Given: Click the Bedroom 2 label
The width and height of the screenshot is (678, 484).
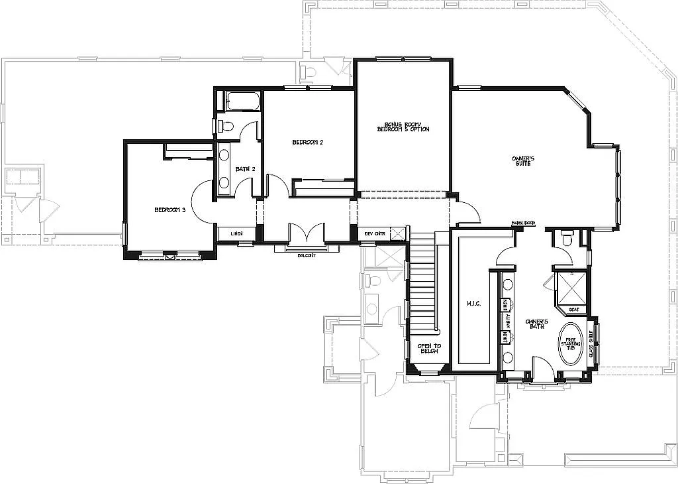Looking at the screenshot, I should coord(307,143).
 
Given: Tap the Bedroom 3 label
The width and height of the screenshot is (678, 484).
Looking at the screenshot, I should coord(169,210).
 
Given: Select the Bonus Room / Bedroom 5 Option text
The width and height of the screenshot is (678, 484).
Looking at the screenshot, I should coord(403,127).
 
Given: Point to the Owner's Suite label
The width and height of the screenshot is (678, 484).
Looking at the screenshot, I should coord(522,161).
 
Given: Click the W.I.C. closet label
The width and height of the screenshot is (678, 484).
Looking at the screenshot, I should coord(473,304).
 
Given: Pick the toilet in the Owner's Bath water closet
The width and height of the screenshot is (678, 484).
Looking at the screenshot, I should coord(567,238).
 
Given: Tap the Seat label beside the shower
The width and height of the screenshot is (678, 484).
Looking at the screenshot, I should coord(574,310).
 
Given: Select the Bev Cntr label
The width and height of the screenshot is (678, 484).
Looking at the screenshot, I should coord(375,234).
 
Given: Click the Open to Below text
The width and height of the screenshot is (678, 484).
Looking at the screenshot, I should coord(428,349).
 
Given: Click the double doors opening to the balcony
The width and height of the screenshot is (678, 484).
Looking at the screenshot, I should coord(306,234).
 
